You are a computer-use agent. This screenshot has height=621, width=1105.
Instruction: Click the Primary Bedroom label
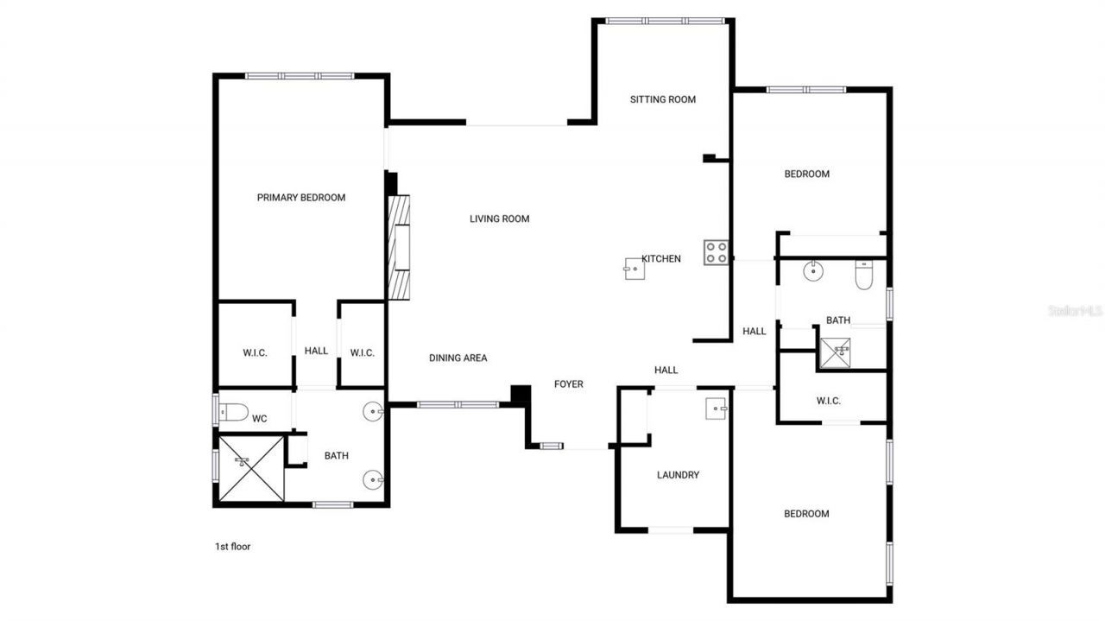[x=300, y=198]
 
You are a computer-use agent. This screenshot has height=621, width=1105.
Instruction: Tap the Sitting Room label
[x=662, y=99]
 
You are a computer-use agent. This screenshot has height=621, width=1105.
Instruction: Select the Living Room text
[x=499, y=219]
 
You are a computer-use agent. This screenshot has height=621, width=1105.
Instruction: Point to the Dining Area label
[x=458, y=358]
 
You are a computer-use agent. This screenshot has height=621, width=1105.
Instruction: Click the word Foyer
[x=568, y=384]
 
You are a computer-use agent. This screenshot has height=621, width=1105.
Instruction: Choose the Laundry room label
[x=678, y=475]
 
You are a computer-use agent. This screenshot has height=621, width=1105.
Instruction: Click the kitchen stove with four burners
[x=716, y=252]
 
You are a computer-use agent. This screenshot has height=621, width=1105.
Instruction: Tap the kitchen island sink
[x=634, y=269]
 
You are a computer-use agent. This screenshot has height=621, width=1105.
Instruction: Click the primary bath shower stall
[x=250, y=468]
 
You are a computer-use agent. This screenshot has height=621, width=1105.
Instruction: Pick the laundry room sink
[x=717, y=409]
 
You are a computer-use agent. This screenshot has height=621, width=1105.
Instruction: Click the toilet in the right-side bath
[x=865, y=275]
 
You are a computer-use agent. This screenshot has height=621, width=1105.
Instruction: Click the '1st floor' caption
[x=232, y=546]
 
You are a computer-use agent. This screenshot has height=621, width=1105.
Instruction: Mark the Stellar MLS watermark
[x=1075, y=310]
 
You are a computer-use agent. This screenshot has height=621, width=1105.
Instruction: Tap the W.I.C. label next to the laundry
[x=828, y=401]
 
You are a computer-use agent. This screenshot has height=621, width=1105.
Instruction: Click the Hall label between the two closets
[x=316, y=351]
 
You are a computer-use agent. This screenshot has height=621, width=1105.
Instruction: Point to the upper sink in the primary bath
[x=373, y=412]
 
